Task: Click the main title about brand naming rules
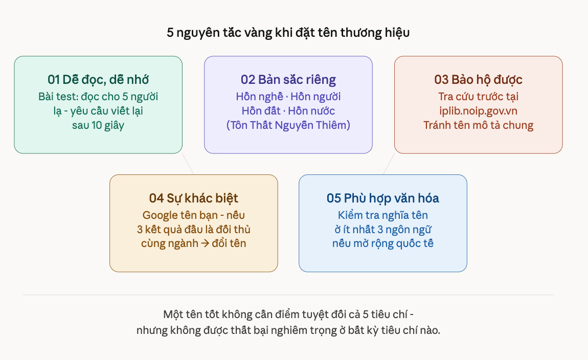pos(288,33)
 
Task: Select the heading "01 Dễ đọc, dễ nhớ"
pos(98,80)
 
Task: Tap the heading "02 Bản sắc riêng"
pos(288,80)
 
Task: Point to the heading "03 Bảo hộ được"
pos(478,80)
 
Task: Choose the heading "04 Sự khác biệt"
pos(193,198)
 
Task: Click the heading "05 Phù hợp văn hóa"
pos(382,198)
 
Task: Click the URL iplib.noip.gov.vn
pos(478,110)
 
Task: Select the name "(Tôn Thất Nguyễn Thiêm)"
pos(288,125)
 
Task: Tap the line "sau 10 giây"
pos(98,125)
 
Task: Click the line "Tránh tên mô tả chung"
pos(478,125)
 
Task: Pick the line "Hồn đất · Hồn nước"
pos(288,110)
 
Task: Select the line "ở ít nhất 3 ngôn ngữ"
pos(382,229)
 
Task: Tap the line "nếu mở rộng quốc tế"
pos(382,243)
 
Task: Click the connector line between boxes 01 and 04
pos(188,164)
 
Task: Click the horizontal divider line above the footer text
pos(288,295)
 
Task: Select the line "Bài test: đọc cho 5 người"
pos(98,96)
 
